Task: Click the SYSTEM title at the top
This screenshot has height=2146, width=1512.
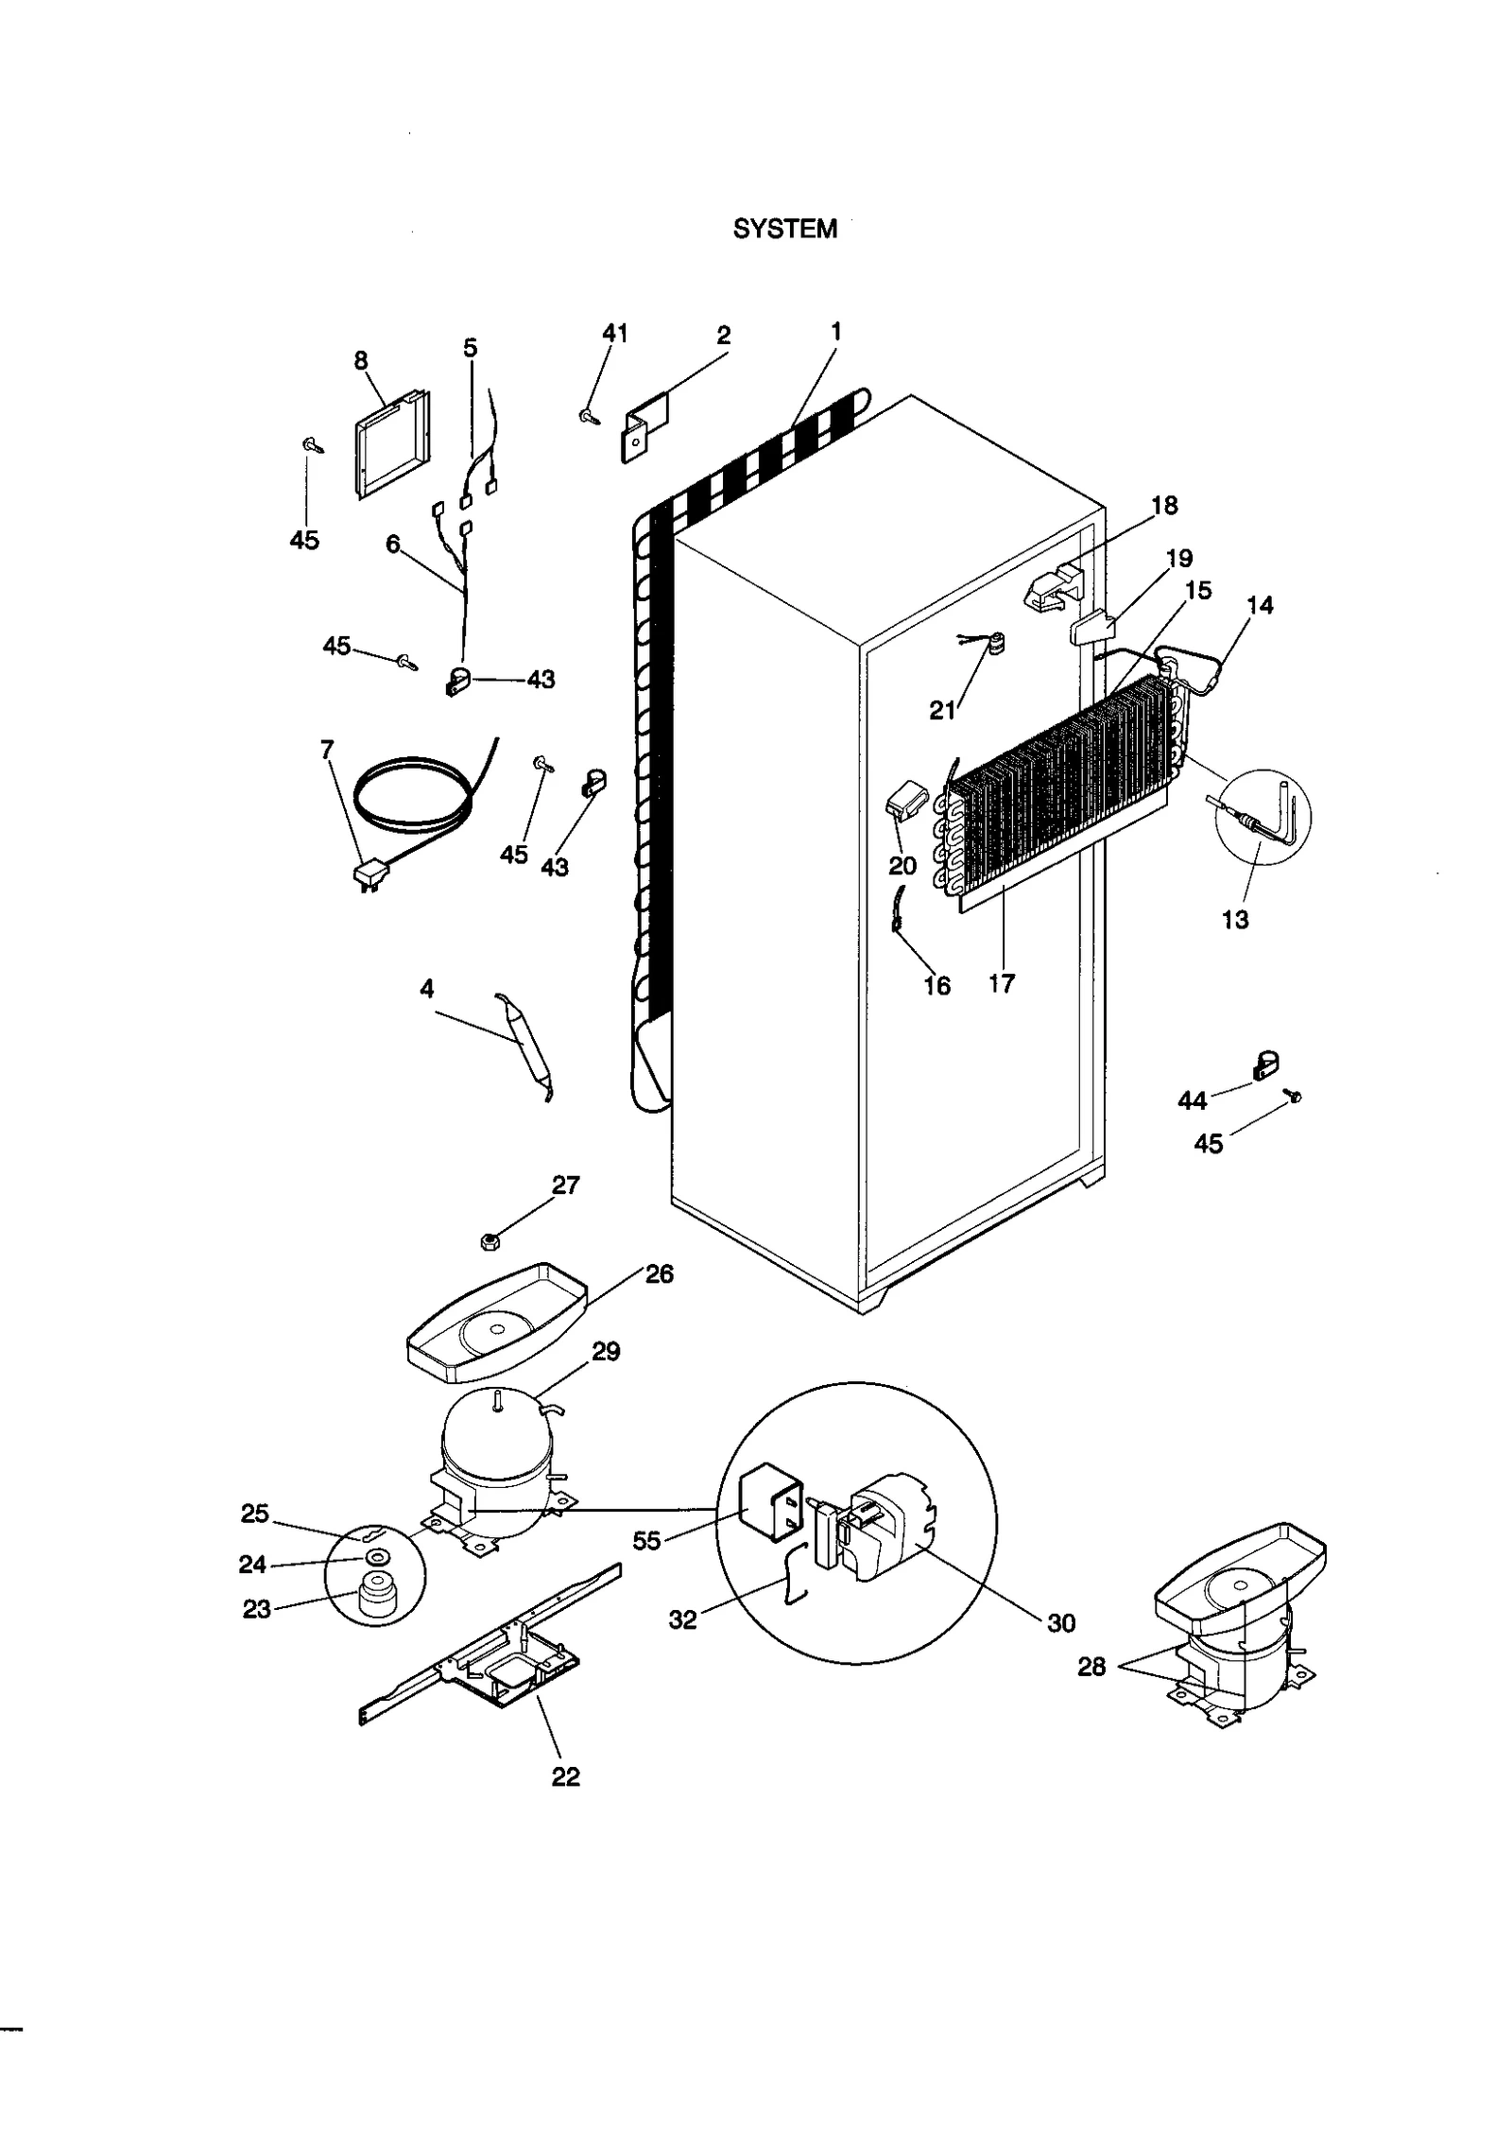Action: (784, 230)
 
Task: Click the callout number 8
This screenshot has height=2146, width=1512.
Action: (360, 360)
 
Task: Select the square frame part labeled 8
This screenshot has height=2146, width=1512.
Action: (391, 444)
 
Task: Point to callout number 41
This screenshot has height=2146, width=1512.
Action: (614, 333)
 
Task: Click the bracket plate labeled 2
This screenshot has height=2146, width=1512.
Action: (644, 427)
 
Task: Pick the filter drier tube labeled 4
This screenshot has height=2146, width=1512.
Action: (525, 1046)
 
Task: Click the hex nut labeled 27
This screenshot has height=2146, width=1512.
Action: (490, 1241)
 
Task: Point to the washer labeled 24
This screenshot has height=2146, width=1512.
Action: (379, 1557)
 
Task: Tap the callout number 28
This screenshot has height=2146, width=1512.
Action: (1091, 1666)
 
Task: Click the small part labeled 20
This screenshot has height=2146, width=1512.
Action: (906, 805)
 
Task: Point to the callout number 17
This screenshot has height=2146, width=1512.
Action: (1001, 984)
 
